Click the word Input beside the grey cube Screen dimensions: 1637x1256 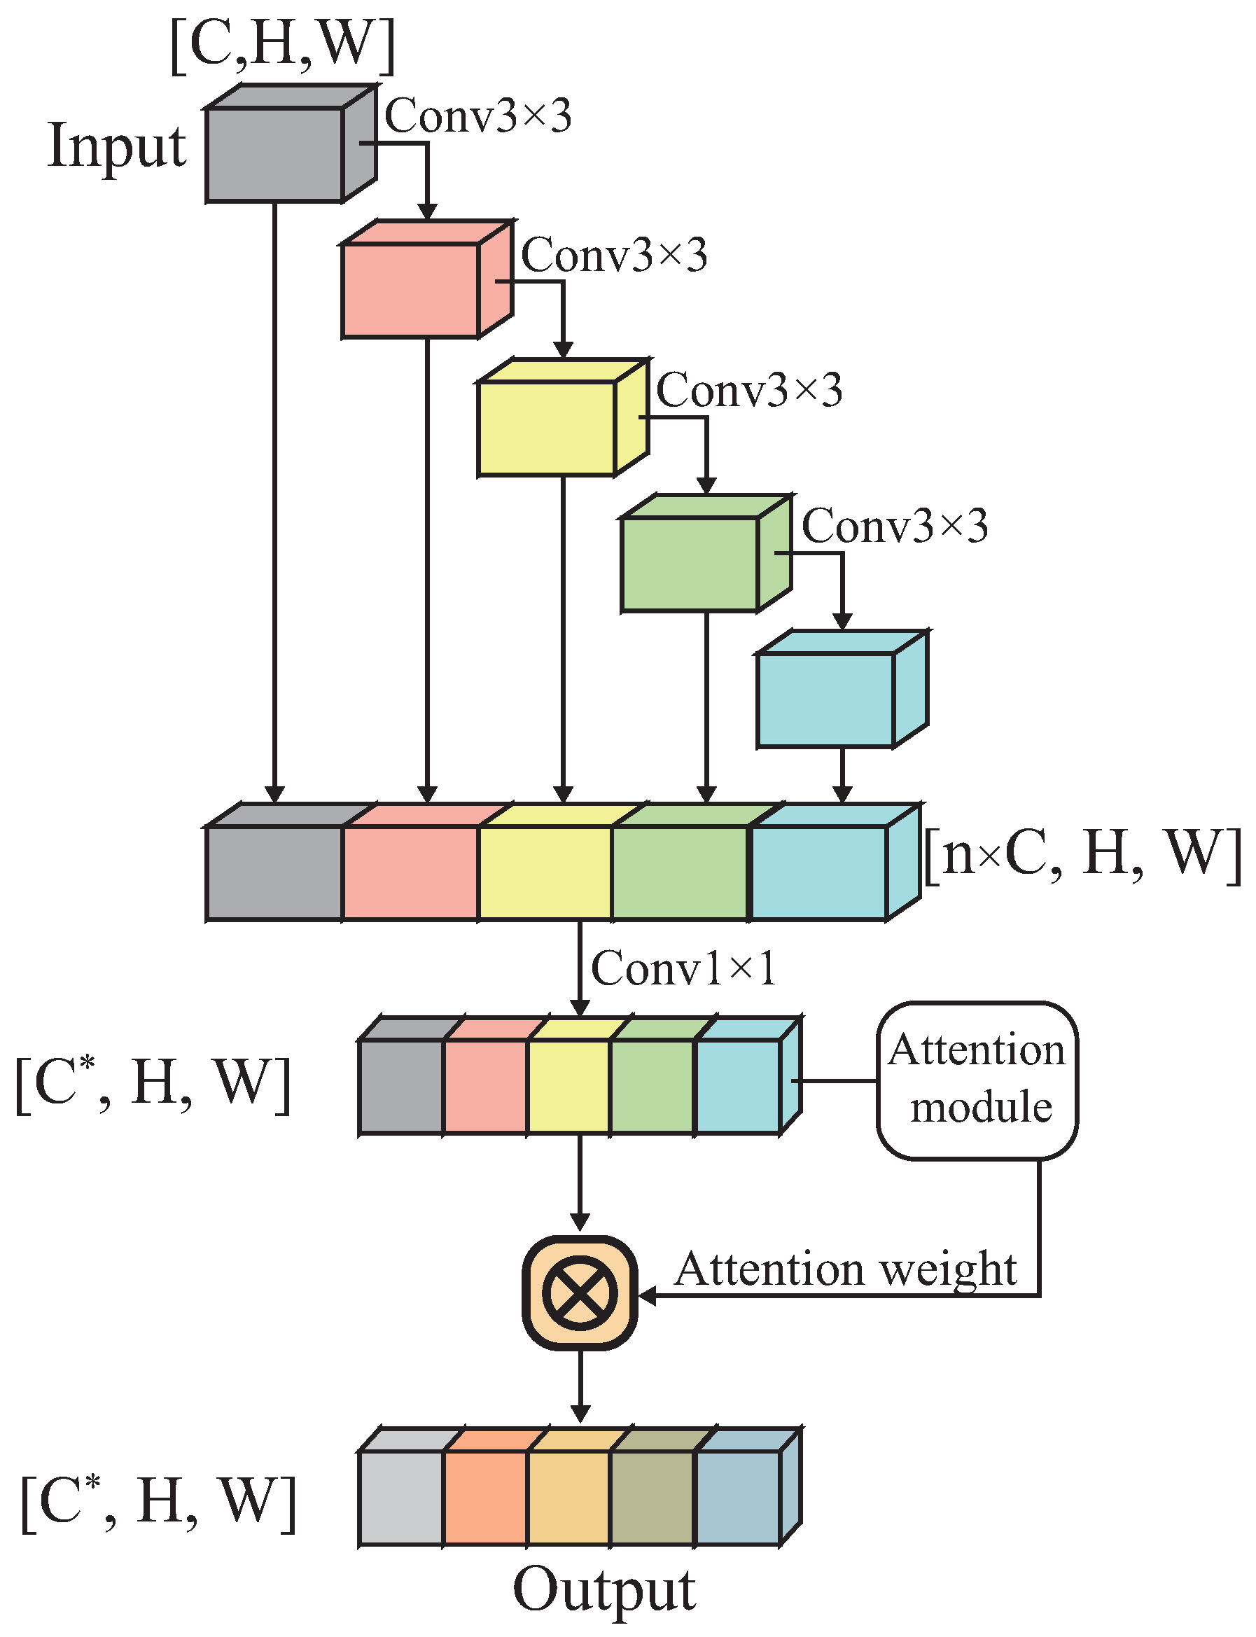(x=117, y=146)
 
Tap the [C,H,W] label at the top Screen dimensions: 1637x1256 (x=283, y=46)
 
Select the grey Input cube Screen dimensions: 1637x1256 (x=274, y=154)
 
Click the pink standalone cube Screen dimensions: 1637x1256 (x=410, y=290)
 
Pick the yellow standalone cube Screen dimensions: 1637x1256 (x=547, y=429)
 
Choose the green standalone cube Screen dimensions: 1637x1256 (x=690, y=564)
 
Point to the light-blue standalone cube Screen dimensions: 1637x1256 (x=825, y=699)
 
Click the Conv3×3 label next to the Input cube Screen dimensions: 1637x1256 (x=478, y=117)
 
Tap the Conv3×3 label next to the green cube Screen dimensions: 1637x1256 (x=895, y=527)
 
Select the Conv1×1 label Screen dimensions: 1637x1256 (x=683, y=969)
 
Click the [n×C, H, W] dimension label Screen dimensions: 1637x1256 (x=1082, y=854)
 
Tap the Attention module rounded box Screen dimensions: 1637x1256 (x=977, y=1080)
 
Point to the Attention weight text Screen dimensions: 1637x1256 (x=845, y=1269)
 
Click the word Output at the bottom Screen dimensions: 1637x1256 (x=604, y=1589)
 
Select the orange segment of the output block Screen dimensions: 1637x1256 (x=485, y=1497)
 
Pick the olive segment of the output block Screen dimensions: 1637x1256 (x=653, y=1497)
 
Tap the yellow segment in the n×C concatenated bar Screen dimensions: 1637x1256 (x=545, y=872)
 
